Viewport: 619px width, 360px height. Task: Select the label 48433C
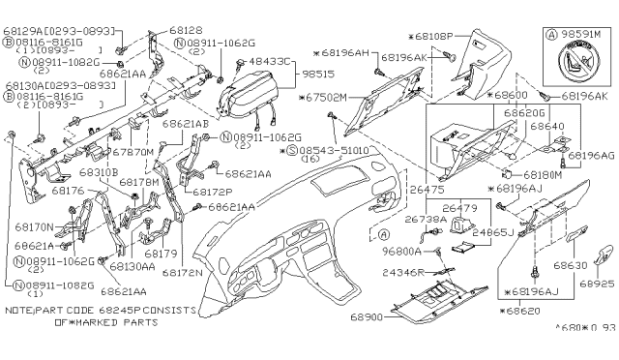[x=271, y=60]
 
